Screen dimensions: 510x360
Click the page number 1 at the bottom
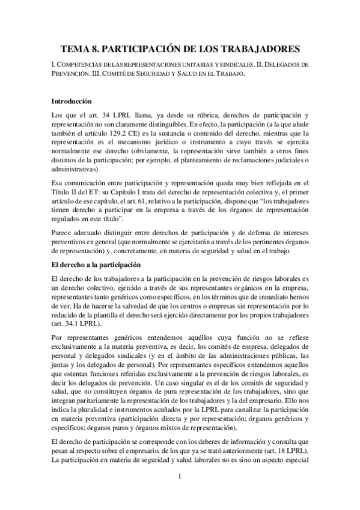pyautogui.click(x=180, y=476)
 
